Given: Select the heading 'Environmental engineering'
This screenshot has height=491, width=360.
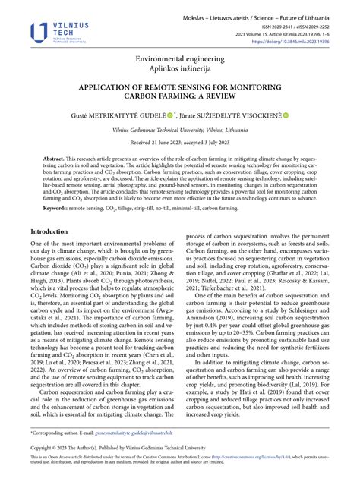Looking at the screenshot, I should [179, 58].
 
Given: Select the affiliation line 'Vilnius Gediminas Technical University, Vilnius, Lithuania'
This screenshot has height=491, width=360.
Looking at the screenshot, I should [180, 131].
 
